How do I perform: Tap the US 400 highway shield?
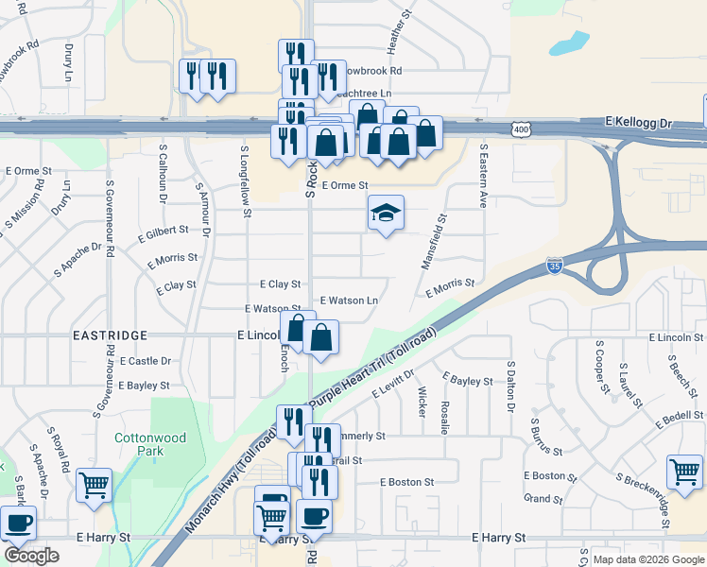coord(519,128)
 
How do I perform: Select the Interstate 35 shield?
coord(555,268)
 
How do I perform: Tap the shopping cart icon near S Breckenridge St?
coord(684,471)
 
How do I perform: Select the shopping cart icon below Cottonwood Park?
coord(94,485)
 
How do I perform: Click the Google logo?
coord(31,556)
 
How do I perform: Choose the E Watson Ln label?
coord(349,300)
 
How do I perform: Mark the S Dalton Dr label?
coord(510,388)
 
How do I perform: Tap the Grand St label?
coord(543,498)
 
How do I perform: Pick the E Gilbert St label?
coord(164,232)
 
